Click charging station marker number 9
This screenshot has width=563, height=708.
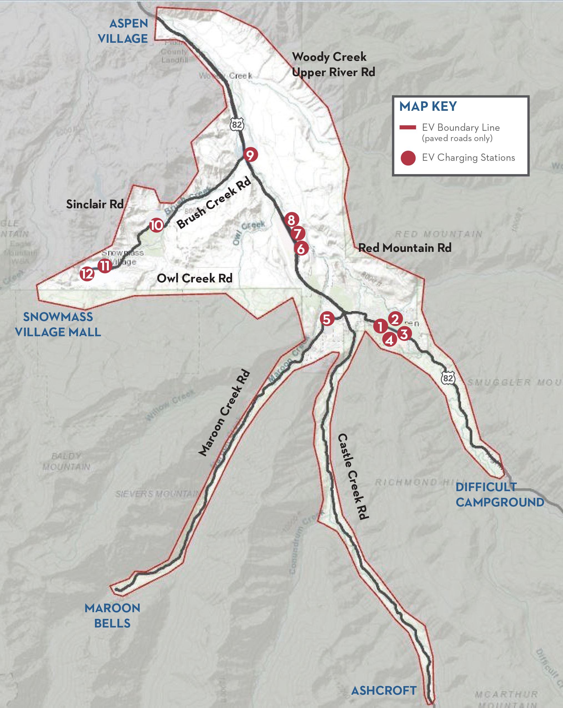click(250, 155)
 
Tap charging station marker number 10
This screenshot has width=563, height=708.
click(156, 226)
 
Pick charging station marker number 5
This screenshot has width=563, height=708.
click(327, 318)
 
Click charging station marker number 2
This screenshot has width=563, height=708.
click(395, 318)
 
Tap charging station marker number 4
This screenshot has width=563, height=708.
click(389, 340)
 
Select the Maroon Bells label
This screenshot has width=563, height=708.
click(112, 616)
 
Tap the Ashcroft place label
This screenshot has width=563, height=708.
click(384, 691)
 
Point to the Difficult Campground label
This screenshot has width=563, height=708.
click(500, 494)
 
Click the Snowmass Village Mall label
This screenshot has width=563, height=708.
click(58, 325)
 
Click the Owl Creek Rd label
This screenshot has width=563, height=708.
click(195, 278)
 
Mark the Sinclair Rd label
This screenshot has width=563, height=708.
click(95, 204)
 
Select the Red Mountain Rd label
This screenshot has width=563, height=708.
click(405, 248)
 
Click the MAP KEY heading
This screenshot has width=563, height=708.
click(428, 106)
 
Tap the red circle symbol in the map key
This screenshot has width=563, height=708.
click(408, 158)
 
